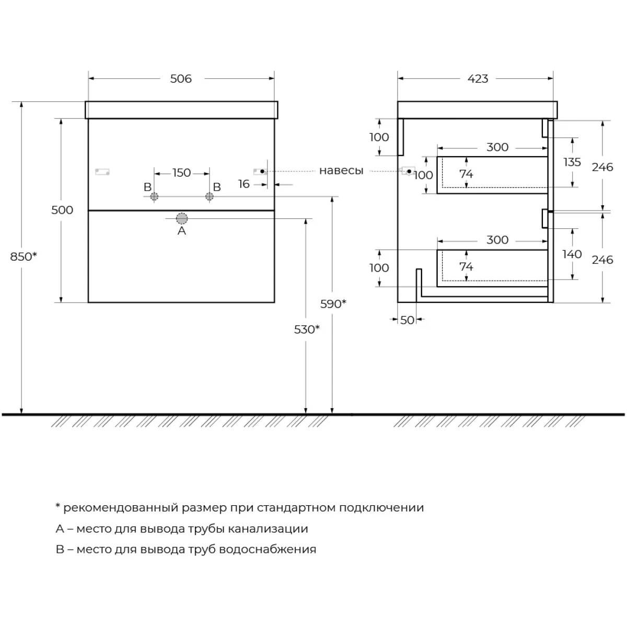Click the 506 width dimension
click(x=181, y=79)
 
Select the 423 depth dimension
click(x=478, y=79)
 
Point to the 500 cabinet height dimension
click(x=62, y=210)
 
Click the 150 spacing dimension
click(x=181, y=173)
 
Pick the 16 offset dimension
click(x=244, y=184)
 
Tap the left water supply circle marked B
click(x=154, y=196)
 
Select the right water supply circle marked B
click(x=210, y=196)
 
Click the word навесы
click(x=341, y=171)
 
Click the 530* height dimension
click(x=306, y=329)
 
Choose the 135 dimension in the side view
click(x=573, y=162)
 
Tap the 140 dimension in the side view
click(x=573, y=254)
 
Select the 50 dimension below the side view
click(x=407, y=320)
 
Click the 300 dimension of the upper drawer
click(x=497, y=147)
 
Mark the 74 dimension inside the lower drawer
click(x=466, y=266)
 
